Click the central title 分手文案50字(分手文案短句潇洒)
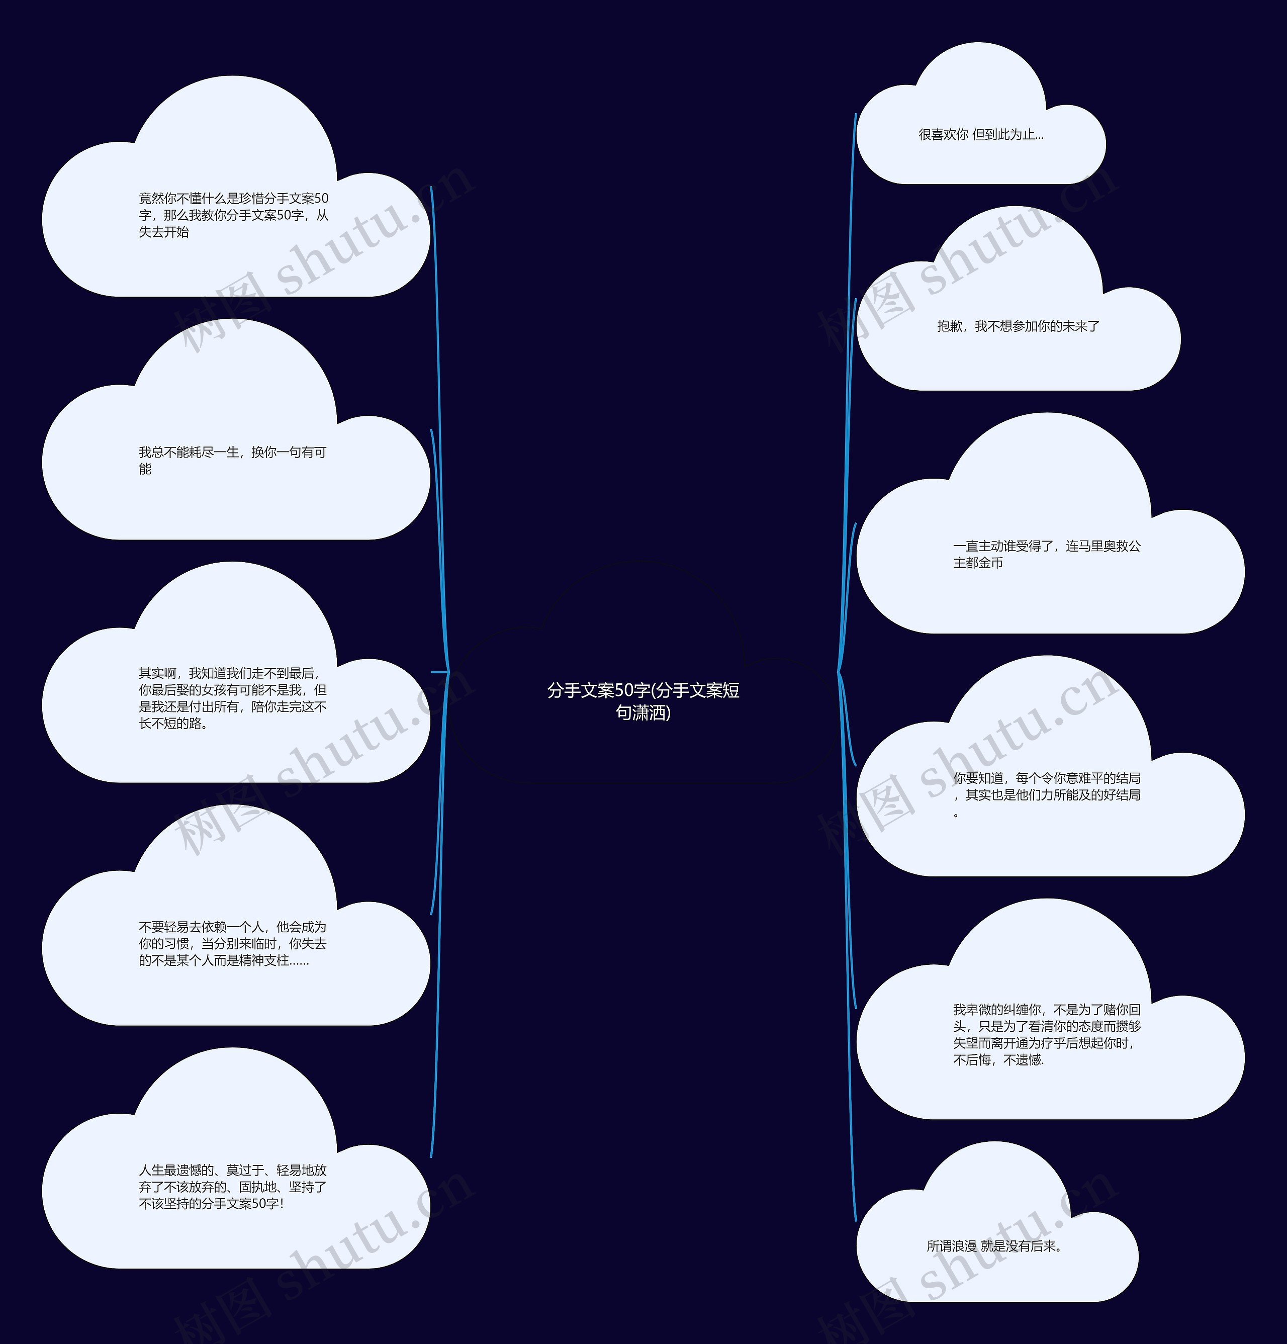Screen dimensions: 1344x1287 [643, 701]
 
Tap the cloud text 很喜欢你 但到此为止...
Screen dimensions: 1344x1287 [980, 135]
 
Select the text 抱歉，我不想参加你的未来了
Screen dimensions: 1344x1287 [1018, 326]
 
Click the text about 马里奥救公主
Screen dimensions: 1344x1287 [1046, 554]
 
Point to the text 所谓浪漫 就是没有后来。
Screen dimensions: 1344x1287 [995, 1246]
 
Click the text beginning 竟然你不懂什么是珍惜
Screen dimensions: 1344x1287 [233, 215]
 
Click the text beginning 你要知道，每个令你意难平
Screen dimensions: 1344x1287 [1046, 795]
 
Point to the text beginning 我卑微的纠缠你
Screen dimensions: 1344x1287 [1046, 1035]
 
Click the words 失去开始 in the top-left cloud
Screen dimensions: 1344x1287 [163, 232]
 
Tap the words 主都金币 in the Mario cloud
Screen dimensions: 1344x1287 [978, 563]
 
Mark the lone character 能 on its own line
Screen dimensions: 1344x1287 [145, 469]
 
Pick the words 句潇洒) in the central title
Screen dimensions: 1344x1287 [643, 713]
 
